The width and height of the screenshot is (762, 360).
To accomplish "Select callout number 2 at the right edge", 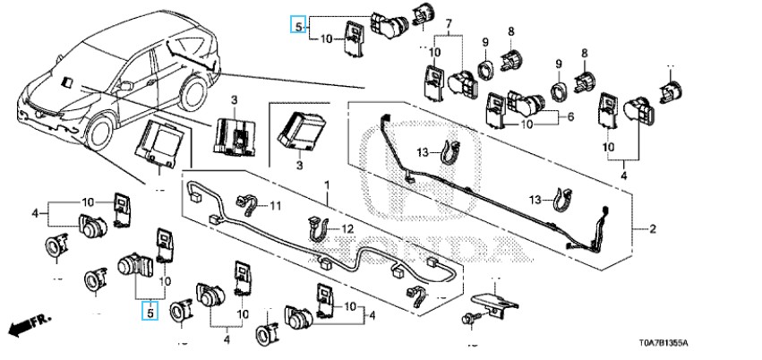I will (653, 229).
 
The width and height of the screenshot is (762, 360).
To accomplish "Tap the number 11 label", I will (276, 207).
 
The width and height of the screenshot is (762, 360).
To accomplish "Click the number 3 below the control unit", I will (301, 167).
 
